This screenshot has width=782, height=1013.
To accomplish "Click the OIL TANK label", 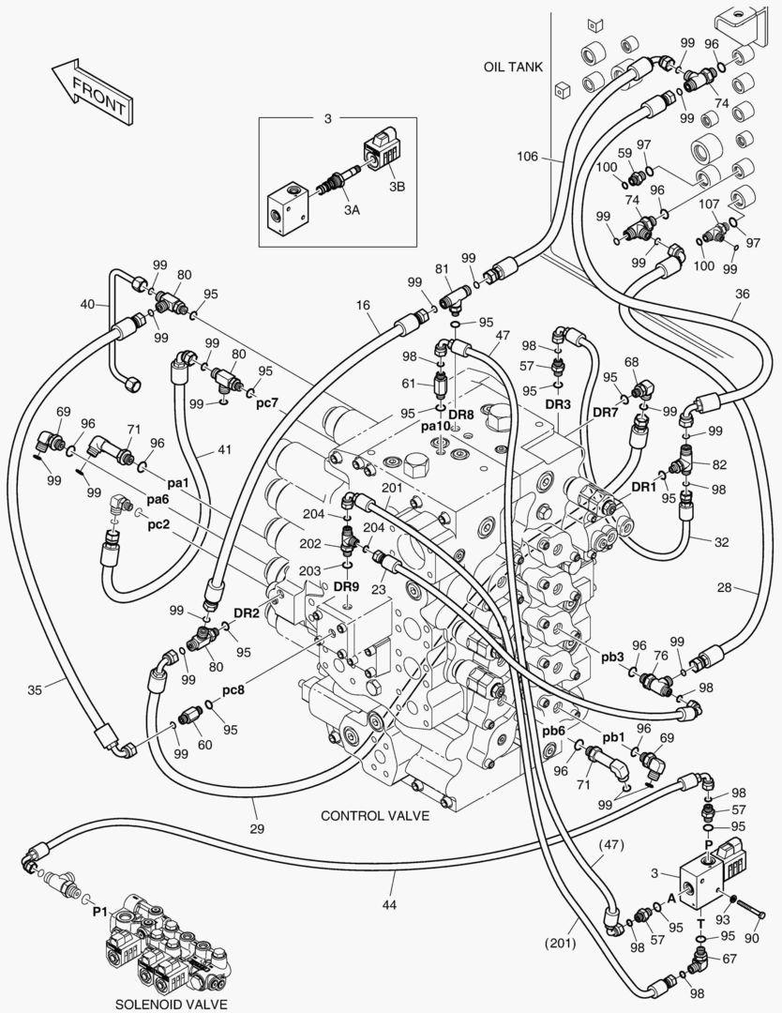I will tap(513, 68).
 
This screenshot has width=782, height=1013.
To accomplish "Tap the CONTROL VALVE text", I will tap(375, 815).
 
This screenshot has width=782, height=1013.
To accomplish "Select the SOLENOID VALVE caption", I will tap(171, 1003).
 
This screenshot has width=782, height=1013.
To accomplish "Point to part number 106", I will tap(527, 157).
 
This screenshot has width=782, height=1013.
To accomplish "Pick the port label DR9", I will tap(346, 586).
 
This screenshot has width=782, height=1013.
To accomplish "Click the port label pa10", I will tap(435, 426).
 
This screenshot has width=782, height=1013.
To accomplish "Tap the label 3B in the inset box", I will tap(397, 187).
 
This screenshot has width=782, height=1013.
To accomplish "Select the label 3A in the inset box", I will tap(351, 210).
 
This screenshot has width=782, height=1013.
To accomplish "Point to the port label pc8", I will tap(234, 689).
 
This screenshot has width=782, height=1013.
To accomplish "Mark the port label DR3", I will tap(558, 404).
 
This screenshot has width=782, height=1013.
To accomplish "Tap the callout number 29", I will tap(257, 828).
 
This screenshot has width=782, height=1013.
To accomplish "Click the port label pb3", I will tap(613, 656).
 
